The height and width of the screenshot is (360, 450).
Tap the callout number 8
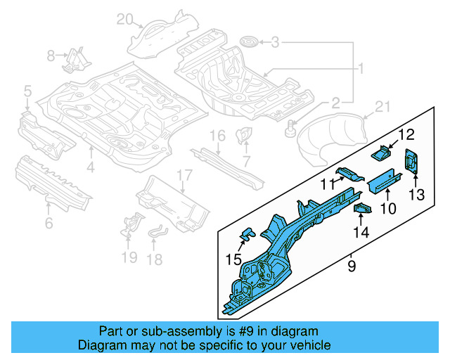coord(51,55)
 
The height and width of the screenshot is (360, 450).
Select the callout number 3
coord(276,44)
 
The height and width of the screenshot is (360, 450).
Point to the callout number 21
coord(381,107)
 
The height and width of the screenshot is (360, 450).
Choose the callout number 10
coord(388,208)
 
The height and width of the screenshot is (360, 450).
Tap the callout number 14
coord(361,232)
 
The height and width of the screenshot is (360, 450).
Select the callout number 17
coord(184,175)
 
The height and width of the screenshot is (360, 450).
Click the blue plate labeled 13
coord(411,161)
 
